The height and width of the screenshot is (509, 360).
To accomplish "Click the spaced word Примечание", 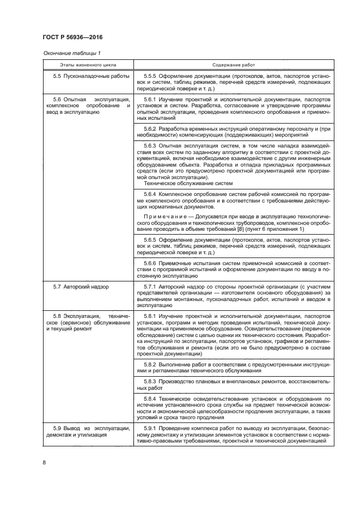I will click(166, 216).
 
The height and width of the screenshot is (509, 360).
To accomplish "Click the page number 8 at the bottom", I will click(44, 463).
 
